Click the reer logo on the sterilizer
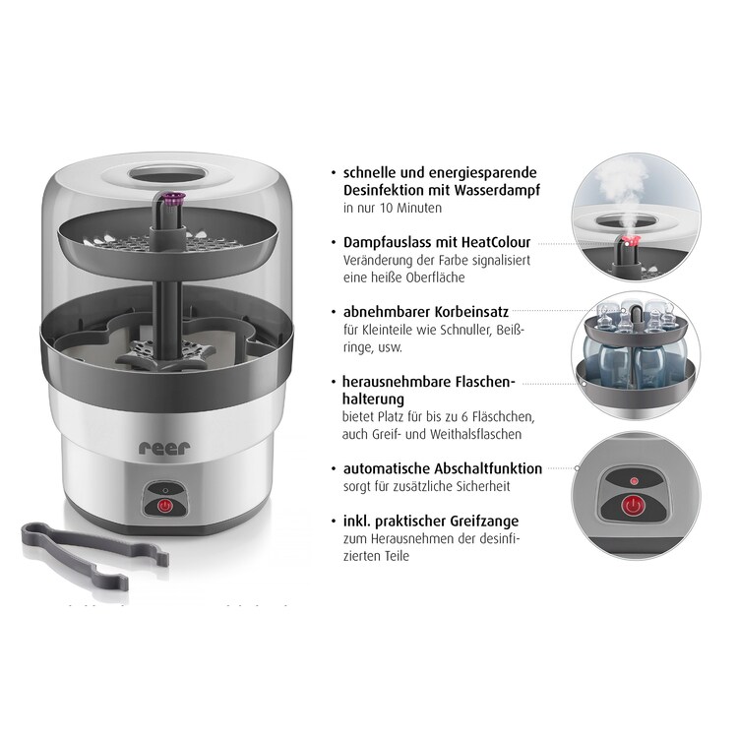pyautogui.click(x=164, y=448)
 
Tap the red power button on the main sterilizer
pyautogui.click(x=164, y=506)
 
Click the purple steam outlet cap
pyautogui.click(x=174, y=197)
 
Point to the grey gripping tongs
pyautogui.click(x=94, y=555)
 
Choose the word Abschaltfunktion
pyautogui.click(x=488, y=468)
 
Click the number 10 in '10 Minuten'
pyautogui.click(x=386, y=208)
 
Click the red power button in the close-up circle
pyautogui.click(x=634, y=506)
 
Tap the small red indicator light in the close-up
pyautogui.click(x=634, y=481)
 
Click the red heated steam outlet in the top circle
pyautogui.click(x=629, y=242)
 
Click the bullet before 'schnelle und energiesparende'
pyautogui.click(x=334, y=173)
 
